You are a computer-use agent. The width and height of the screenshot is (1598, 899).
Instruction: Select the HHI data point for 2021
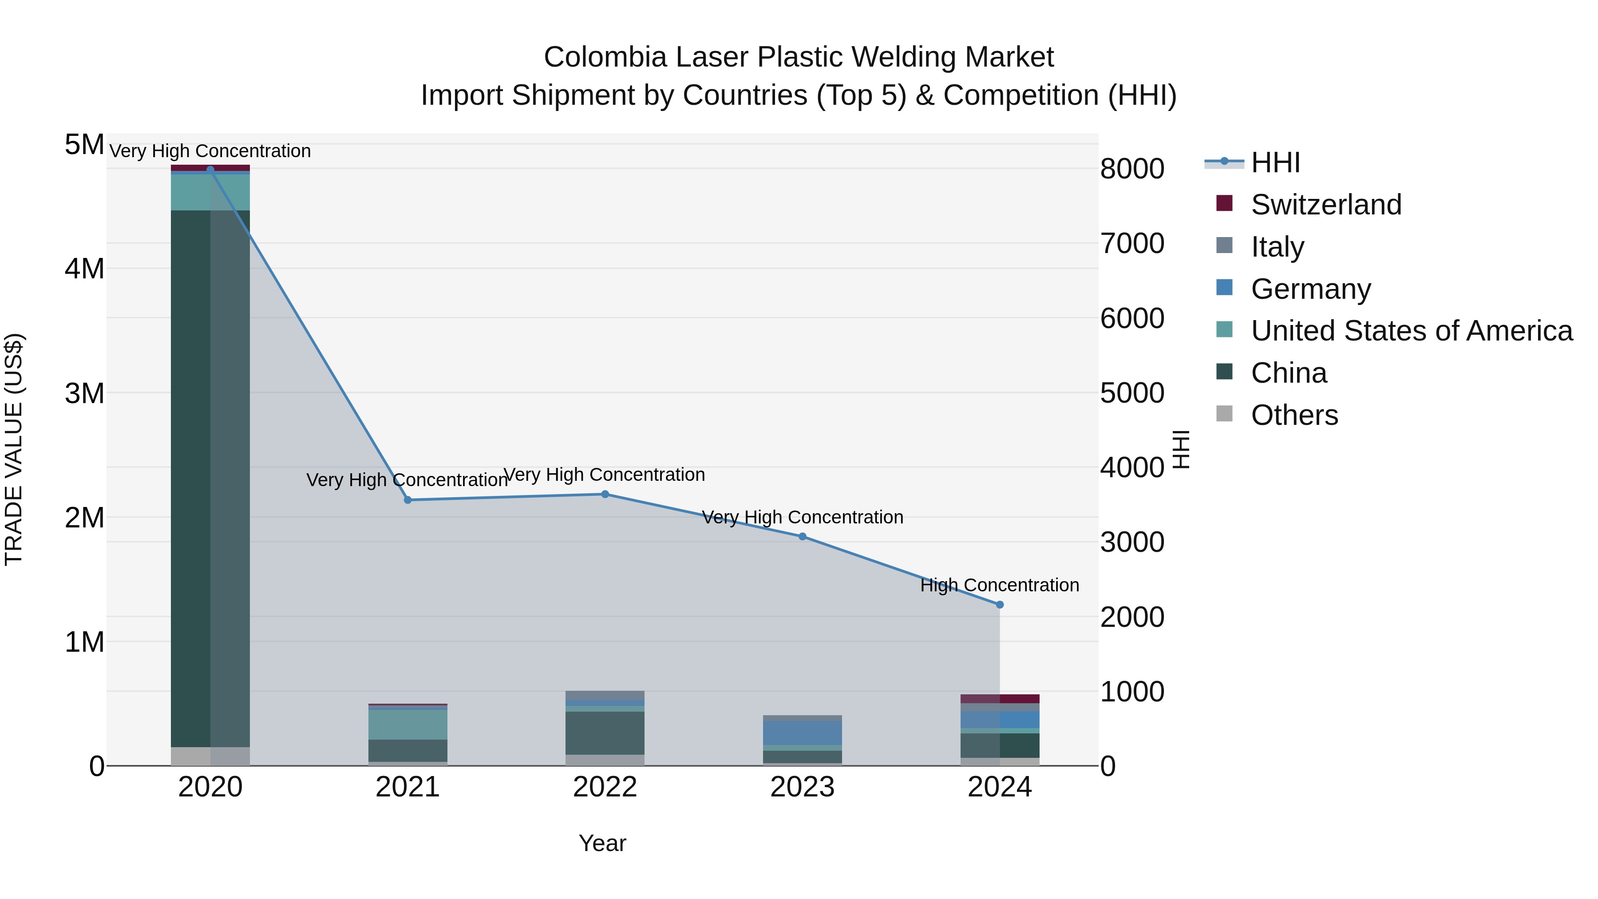407,500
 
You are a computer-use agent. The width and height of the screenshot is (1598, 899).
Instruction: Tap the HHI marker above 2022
605,495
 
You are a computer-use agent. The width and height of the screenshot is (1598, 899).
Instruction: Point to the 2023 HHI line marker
802,537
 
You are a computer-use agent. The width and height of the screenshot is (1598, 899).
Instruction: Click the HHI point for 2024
999,604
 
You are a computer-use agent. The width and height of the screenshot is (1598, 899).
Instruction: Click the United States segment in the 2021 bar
407,724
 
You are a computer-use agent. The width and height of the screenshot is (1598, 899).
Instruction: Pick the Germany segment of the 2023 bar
802,733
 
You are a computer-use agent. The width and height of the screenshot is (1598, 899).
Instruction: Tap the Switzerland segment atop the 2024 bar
999,699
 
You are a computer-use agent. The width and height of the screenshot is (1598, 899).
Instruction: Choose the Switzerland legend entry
1325,205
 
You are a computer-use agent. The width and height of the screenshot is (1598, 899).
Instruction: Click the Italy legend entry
1277,247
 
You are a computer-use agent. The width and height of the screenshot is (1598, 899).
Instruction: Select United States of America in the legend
1411,331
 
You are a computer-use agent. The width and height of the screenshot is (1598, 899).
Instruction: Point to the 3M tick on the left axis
85,393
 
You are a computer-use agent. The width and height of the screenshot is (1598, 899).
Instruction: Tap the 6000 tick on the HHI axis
1132,318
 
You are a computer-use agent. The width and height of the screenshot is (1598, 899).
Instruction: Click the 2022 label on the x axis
605,787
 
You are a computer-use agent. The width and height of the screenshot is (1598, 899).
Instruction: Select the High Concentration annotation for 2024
999,585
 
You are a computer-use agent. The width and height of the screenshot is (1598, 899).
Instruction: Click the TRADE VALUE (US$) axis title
14,449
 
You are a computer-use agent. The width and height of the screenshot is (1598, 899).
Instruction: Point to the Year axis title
602,843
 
